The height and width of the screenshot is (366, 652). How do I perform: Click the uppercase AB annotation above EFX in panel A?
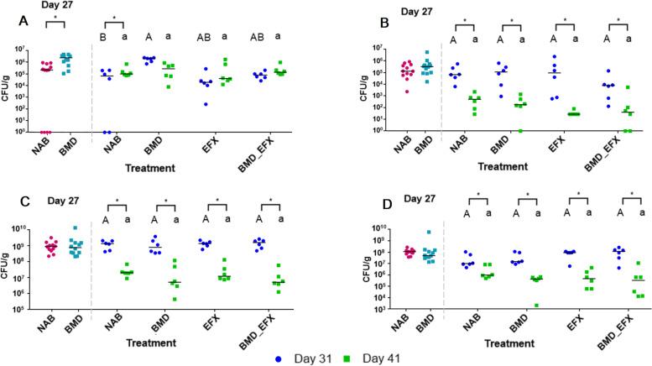point(205,36)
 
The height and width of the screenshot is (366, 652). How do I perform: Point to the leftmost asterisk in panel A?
point(55,16)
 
